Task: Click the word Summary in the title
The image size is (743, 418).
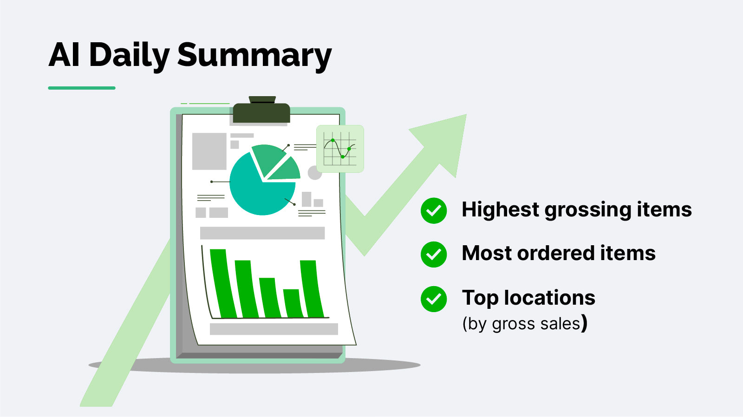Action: (254, 55)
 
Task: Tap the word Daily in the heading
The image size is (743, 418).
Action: (129, 55)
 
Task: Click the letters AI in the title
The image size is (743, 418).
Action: (64, 55)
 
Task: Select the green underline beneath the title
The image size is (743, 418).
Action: (82, 88)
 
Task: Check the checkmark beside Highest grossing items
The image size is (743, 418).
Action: (434, 211)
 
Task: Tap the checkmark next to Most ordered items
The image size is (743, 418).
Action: (434, 254)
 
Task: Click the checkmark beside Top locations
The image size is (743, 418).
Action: (434, 299)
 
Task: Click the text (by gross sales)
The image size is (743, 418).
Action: (524, 323)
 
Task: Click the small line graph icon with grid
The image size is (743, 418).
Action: (340, 149)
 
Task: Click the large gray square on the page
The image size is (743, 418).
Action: (209, 151)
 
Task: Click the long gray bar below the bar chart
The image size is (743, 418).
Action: (274, 329)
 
